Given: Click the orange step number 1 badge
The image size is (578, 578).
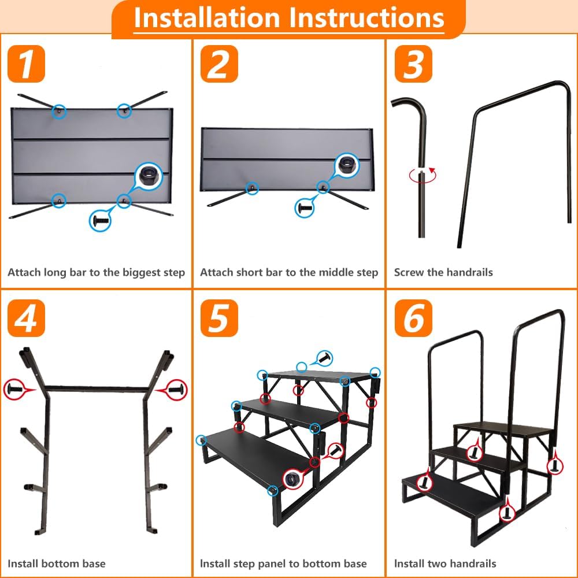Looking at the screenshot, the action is (26, 64).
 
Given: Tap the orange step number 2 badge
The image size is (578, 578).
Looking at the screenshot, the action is (219, 64).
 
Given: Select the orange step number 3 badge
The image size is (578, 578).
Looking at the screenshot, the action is (413, 64).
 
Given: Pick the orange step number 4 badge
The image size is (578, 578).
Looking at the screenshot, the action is (26, 318).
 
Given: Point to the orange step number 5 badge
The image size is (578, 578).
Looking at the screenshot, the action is (219, 318).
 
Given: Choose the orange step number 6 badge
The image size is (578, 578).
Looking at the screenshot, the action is (413, 318).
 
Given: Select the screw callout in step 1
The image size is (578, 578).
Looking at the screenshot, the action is (100, 221).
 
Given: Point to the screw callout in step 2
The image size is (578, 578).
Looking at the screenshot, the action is (305, 208).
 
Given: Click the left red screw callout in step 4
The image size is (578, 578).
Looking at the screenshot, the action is (14, 389).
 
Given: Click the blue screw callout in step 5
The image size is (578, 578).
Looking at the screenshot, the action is (325, 358).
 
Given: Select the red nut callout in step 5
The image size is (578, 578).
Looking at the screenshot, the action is (293, 479).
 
